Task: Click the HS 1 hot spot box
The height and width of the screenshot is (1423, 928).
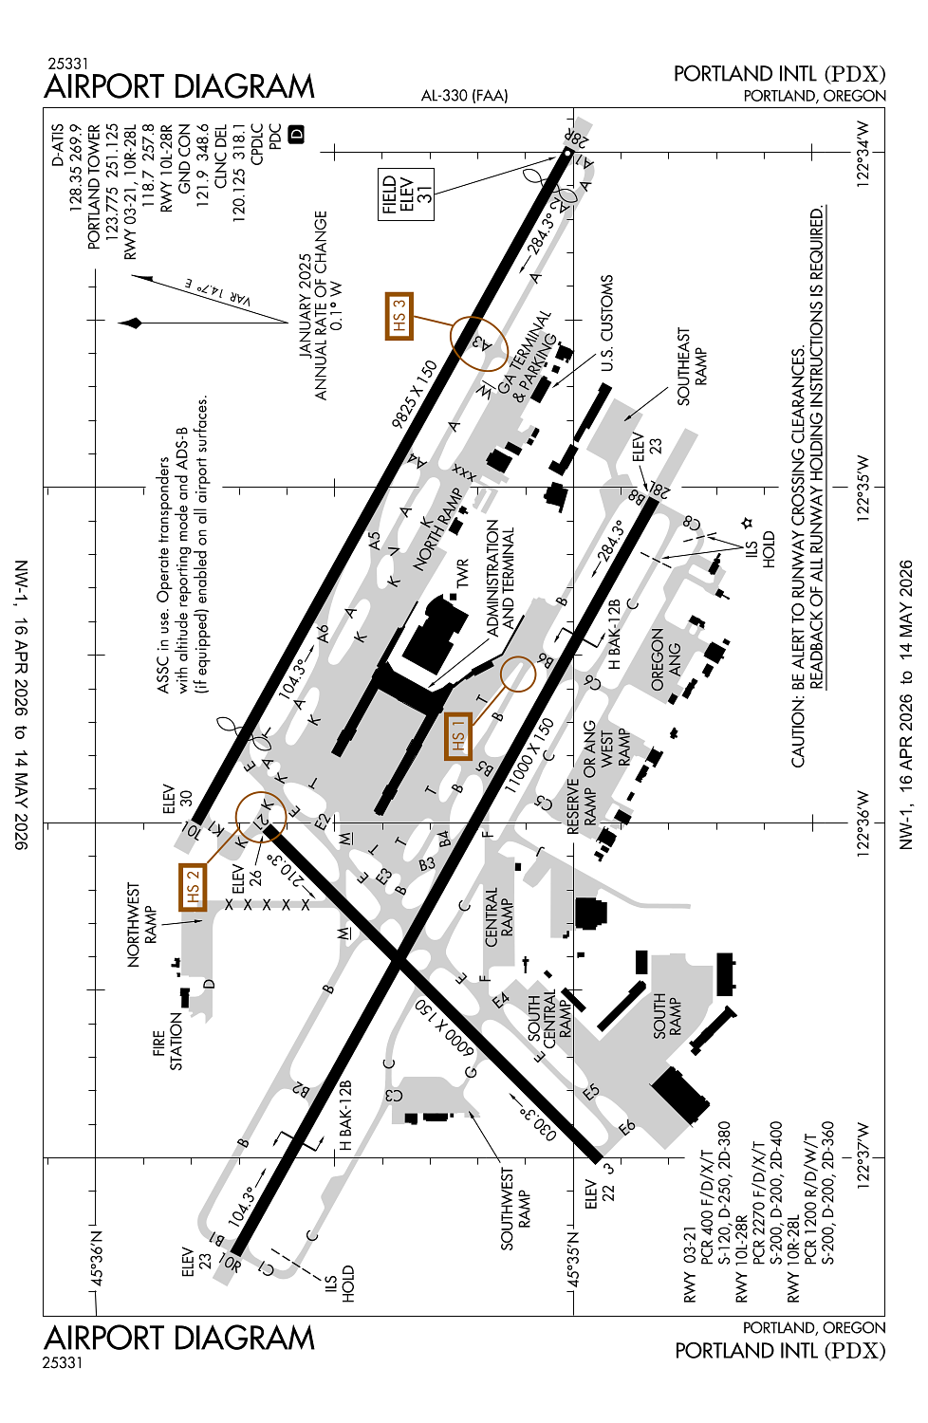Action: click(458, 737)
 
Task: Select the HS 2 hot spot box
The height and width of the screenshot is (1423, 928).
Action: click(193, 887)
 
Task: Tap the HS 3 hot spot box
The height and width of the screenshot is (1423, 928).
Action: click(399, 316)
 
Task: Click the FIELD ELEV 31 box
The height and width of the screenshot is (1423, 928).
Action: click(406, 194)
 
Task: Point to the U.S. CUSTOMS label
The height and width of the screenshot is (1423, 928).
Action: click(607, 323)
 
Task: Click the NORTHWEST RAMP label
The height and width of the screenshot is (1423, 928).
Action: click(142, 925)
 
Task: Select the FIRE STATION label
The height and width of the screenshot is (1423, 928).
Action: click(167, 1042)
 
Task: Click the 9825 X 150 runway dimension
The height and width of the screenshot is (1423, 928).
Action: click(415, 393)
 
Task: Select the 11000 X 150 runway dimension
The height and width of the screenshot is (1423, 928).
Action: click(529, 756)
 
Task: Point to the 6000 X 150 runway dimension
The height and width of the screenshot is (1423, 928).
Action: click(442, 1028)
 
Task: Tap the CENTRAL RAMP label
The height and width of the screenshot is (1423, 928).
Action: click(499, 917)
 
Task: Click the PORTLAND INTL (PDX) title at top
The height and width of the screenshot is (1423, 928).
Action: click(779, 74)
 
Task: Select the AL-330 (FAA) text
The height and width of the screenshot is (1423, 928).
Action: click(464, 95)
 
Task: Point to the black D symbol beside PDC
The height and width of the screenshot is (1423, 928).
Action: click(296, 134)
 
